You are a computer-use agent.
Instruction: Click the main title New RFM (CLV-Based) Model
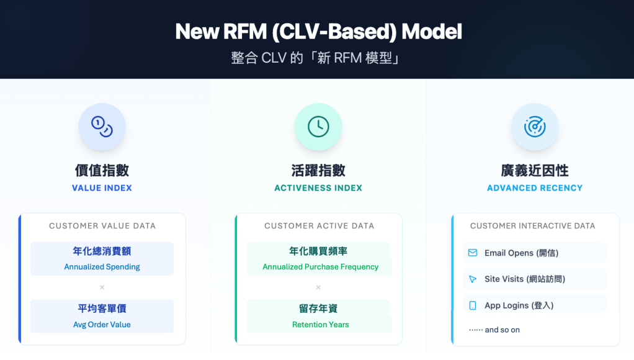(318, 31)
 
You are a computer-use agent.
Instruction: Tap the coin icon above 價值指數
(102, 127)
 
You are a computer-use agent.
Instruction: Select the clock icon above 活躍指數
(318, 127)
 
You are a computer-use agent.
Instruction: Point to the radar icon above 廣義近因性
(534, 127)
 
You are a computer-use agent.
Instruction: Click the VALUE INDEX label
(102, 188)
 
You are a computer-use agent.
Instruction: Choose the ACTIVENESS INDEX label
(318, 188)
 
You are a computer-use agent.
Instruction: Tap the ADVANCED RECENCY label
(534, 188)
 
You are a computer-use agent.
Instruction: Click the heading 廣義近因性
(534, 171)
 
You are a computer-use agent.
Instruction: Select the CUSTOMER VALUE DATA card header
(102, 226)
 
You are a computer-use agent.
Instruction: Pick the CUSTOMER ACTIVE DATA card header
(319, 226)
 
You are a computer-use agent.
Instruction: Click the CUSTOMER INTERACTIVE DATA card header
(532, 226)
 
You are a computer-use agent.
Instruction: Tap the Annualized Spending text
(102, 267)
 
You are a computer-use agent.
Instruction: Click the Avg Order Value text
(102, 325)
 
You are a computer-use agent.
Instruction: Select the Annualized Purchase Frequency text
(320, 267)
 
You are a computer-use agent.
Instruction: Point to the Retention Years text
(320, 325)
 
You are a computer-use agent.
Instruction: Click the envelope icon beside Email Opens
(473, 253)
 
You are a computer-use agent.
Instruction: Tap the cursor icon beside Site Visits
(473, 279)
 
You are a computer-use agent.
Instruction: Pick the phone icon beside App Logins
(473, 305)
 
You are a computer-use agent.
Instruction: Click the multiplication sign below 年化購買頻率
(318, 287)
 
